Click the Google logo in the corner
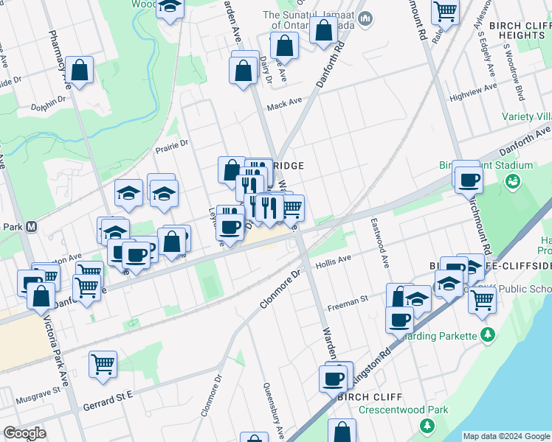point(24,433)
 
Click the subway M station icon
point(32,227)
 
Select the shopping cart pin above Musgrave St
point(103,363)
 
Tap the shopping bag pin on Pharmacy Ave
point(80,71)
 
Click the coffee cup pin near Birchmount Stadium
point(468,180)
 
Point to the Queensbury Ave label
point(269,407)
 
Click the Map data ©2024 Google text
point(506,436)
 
